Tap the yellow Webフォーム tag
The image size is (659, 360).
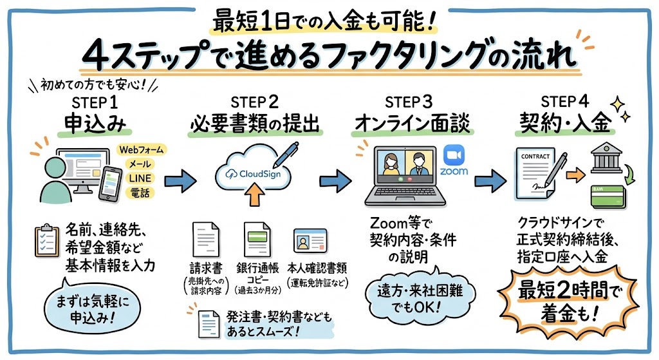(142, 150)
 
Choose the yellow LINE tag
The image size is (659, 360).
(140, 178)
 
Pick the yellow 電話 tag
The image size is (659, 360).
(140, 193)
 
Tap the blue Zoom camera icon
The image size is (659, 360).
(454, 155)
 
